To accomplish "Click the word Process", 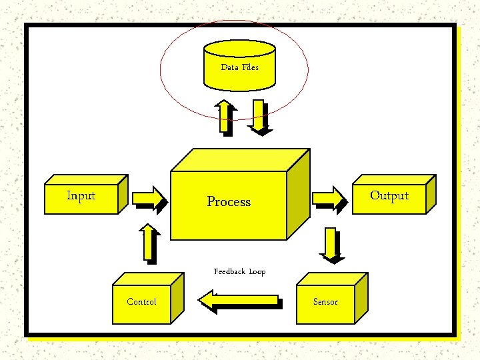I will tap(229, 201).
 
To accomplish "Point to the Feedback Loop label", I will tap(239, 271).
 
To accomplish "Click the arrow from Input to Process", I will tap(148, 198).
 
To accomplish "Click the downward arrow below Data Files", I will tap(259, 118).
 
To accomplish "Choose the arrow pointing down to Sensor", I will tap(331, 244).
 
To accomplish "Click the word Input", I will tap(81, 195).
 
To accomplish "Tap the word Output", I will tap(389, 195).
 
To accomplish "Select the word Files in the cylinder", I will tap(250, 67).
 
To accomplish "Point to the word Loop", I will tap(257, 271).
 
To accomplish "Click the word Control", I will tap(142, 302).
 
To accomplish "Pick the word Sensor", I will tap(325, 302).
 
